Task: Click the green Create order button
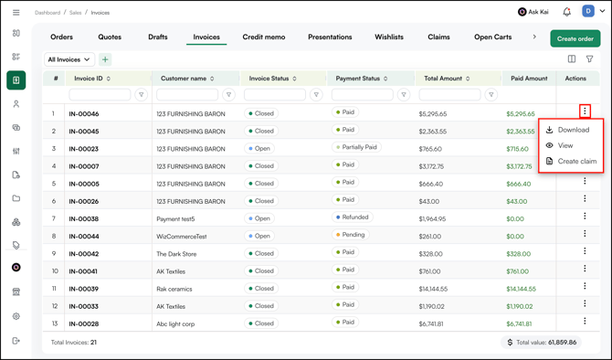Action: [x=575, y=38]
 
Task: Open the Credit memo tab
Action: [x=264, y=37]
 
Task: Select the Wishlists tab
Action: [x=389, y=37]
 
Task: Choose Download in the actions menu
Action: [x=573, y=130]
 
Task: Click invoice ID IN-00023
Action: [x=83, y=149]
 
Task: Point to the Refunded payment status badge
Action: [x=352, y=217]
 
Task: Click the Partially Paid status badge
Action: [x=356, y=147]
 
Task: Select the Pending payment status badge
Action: [x=350, y=235]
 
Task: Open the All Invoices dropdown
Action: [x=69, y=59]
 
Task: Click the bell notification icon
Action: [x=566, y=12]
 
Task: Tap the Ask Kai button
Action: [x=533, y=12]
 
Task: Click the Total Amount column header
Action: [x=443, y=79]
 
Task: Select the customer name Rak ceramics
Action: [x=174, y=289]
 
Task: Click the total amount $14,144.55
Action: [x=433, y=289]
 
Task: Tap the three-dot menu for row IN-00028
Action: [x=585, y=321]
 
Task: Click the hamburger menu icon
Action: [x=16, y=13]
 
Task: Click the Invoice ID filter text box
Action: [x=100, y=94]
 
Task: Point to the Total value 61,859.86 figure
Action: [x=562, y=343]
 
